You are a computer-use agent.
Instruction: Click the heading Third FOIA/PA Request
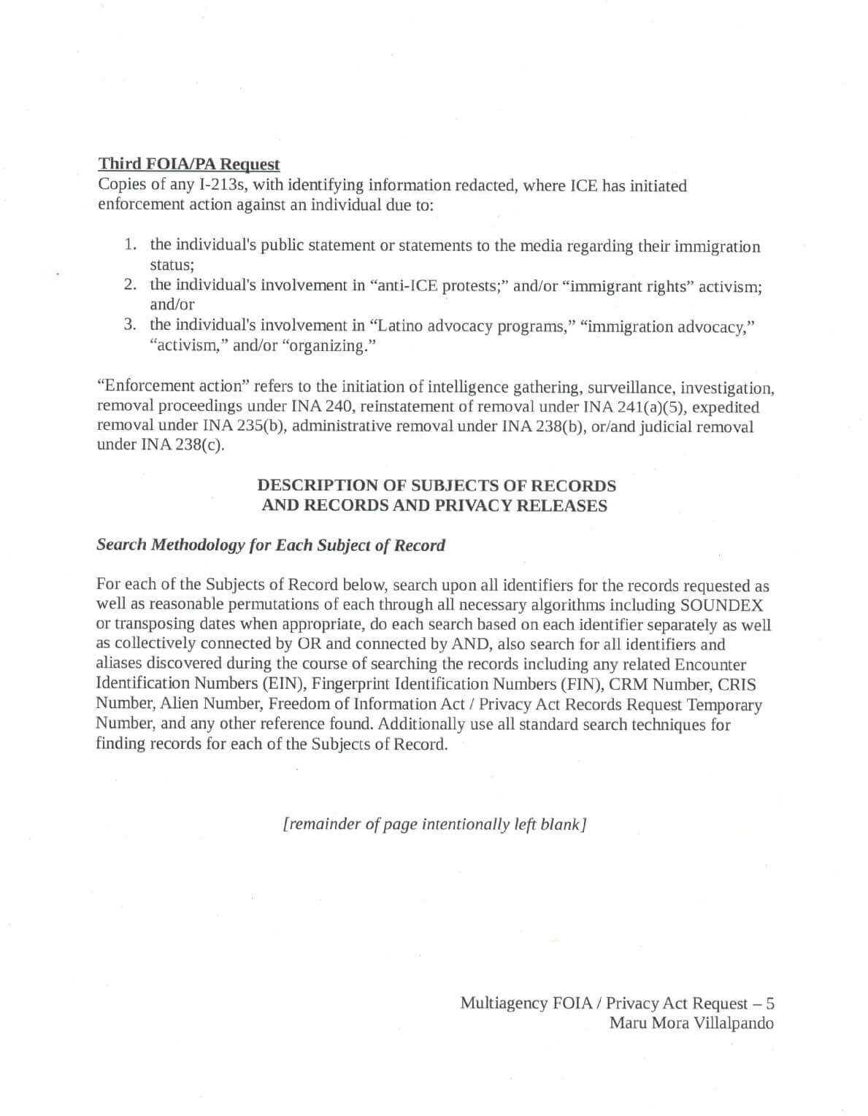189,164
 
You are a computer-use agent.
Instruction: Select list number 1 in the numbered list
129,245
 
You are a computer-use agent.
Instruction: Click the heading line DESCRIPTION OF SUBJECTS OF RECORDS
437,485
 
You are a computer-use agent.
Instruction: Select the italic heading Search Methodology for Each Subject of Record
271,545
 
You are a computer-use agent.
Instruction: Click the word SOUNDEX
721,605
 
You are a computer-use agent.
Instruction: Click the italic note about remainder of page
435,824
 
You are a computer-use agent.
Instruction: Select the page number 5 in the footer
769,1004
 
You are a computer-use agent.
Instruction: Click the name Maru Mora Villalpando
691,1023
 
